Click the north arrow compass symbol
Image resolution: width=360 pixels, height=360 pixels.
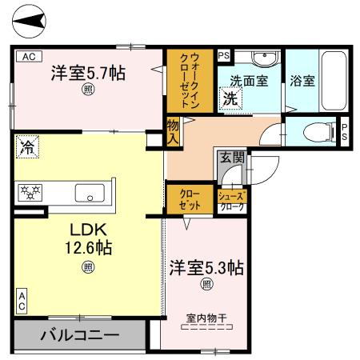pos(31,22)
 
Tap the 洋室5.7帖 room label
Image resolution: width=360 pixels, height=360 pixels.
pos(87,72)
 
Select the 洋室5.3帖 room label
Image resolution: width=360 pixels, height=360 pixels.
pos(206,268)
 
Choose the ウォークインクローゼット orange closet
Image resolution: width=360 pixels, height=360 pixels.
pos(190,80)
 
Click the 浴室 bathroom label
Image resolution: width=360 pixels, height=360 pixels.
pos(302,81)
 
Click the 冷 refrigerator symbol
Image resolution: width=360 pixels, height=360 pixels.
pos(26,146)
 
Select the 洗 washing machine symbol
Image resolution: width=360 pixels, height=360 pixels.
pos(230,99)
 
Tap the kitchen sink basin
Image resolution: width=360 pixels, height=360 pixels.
pos(87,193)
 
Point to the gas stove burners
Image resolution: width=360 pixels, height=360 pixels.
pos(35,192)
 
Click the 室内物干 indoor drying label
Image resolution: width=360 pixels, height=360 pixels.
pos(206,318)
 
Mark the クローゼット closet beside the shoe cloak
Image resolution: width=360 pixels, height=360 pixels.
pos(190,199)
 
